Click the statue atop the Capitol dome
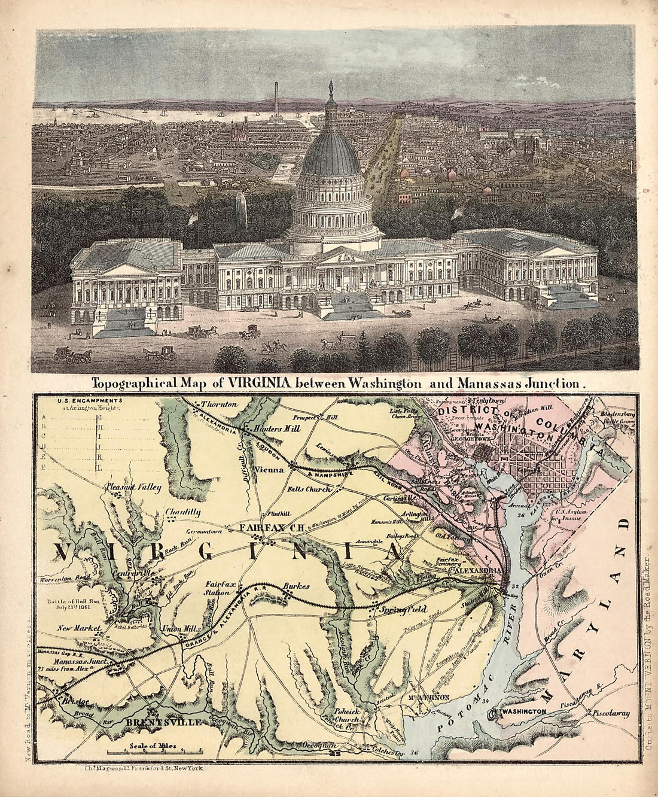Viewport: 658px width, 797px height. pos(331,89)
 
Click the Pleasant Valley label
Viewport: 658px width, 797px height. pos(133,488)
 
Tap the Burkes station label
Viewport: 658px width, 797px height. pos(296,587)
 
